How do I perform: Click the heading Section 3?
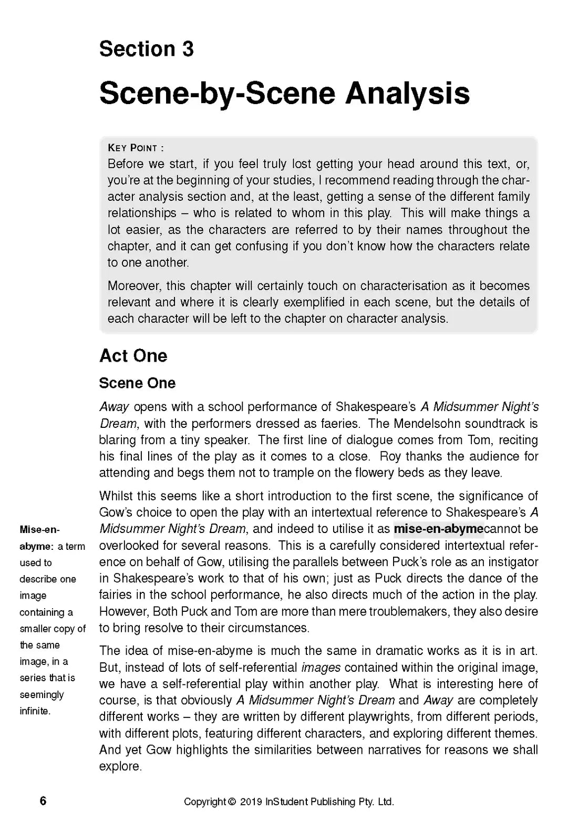tap(146, 49)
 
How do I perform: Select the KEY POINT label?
tap(136, 148)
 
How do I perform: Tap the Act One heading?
tap(133, 356)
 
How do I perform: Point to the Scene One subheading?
tap(137, 383)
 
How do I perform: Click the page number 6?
tap(43, 801)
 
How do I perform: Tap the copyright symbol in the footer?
tap(232, 802)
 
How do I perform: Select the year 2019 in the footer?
tap(251, 802)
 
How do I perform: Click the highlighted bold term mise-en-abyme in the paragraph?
tap(438, 529)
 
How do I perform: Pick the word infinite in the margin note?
tap(35, 711)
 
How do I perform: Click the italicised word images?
tap(321, 668)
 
